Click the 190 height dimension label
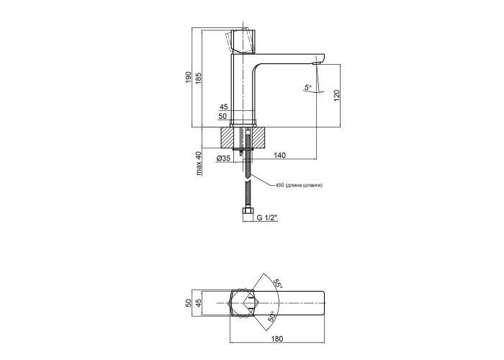coord(189,77)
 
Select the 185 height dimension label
coord(198,77)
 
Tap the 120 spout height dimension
coord(336,96)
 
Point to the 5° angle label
coord(308,87)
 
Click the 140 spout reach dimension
coord(279,156)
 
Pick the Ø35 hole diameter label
coord(223,158)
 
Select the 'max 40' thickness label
coord(199,163)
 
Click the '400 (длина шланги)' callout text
coord(299,185)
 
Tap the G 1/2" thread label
coord(266,217)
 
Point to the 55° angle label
coord(278,284)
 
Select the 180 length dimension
coord(277,338)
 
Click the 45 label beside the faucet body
coord(223,107)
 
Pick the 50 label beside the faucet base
coord(222,117)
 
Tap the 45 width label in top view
coord(198,303)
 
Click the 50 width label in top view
coord(189,303)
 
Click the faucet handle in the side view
coord(243,41)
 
